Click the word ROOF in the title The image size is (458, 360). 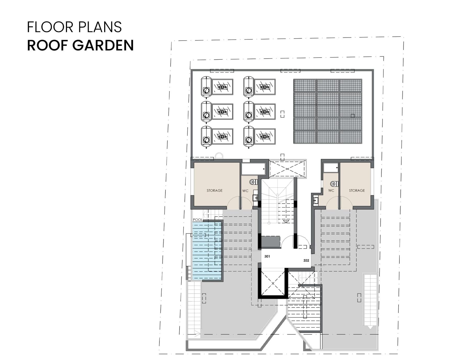click(x=47, y=45)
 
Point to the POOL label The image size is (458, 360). click(x=198, y=220)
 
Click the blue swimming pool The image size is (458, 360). click(x=207, y=251)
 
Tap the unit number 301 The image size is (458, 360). click(x=267, y=256)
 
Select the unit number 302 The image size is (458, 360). click(x=306, y=260)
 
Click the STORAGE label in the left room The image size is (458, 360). click(x=215, y=191)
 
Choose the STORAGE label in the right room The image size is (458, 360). click(x=357, y=191)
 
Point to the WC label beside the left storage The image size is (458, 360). click(x=245, y=191)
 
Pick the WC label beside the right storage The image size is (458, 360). click(x=331, y=191)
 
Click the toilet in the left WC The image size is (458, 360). click(x=253, y=182)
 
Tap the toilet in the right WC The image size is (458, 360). click(x=334, y=184)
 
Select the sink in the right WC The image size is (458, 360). click(x=316, y=201)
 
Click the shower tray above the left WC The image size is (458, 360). click(x=253, y=169)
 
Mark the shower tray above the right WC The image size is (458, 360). click(x=331, y=168)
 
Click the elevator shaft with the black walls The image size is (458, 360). click(x=273, y=283)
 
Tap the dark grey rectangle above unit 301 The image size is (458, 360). click(x=271, y=242)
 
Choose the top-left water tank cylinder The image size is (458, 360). click(x=206, y=86)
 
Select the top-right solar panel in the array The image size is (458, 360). click(x=350, y=85)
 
